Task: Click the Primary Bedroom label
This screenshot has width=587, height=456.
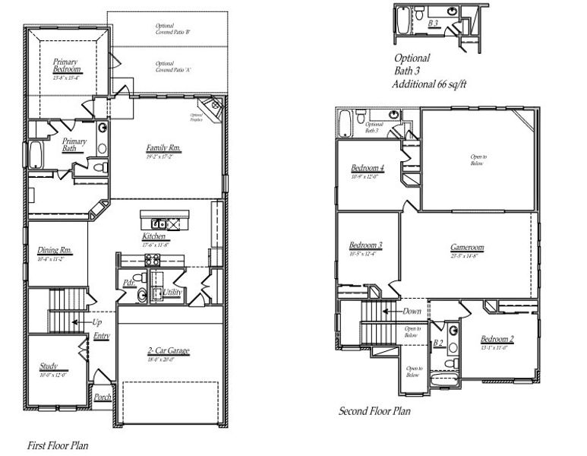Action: click(x=67, y=65)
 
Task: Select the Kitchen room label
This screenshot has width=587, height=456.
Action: click(x=154, y=236)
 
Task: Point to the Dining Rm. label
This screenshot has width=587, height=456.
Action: click(x=55, y=250)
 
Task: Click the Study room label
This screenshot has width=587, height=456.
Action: click(x=49, y=366)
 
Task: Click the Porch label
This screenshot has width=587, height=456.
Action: click(x=103, y=397)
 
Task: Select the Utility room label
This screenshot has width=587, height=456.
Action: click(x=172, y=292)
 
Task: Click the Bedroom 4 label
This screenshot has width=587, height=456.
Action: click(x=367, y=168)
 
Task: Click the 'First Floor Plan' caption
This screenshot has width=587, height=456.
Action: click(x=58, y=445)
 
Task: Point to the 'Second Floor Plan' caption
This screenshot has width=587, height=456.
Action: click(x=375, y=411)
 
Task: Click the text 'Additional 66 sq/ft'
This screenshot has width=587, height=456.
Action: click(x=430, y=84)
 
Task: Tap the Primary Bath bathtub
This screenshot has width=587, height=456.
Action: click(x=36, y=155)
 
